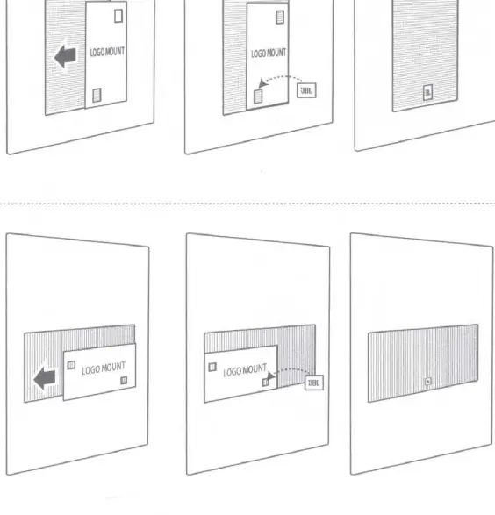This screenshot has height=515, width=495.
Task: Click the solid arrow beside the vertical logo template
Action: [65, 56]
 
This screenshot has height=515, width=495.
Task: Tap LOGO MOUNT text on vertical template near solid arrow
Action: [107, 52]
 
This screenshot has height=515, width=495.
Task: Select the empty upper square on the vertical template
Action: [118, 16]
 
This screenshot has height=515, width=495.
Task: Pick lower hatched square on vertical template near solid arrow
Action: [97, 96]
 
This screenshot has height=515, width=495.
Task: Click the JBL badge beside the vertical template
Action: [306, 90]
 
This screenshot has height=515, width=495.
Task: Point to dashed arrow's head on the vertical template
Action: [262, 83]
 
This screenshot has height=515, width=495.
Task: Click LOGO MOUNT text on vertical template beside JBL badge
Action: [269, 54]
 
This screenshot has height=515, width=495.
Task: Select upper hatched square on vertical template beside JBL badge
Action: [280, 17]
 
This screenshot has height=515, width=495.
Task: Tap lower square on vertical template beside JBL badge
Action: [258, 97]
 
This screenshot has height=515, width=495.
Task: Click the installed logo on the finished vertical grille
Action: [427, 92]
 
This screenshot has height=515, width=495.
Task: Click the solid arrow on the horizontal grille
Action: [45, 378]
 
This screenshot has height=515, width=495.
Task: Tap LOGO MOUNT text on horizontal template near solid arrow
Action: [104, 368]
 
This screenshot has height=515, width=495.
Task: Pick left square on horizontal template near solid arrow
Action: [71, 365]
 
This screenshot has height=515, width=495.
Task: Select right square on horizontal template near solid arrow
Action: [124, 381]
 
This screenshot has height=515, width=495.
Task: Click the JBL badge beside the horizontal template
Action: [314, 383]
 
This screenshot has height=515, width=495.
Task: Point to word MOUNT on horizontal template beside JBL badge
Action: [255, 368]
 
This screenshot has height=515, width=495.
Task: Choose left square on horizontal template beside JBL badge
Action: [212, 367]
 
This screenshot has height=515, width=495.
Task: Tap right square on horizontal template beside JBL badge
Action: [265, 383]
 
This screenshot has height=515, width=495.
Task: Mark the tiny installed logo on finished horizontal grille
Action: [427, 382]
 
